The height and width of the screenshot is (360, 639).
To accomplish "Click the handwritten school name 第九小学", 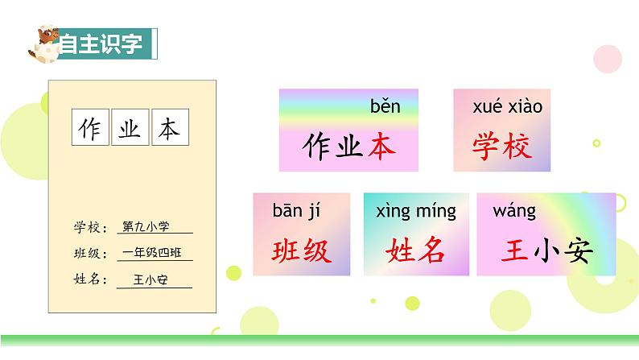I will [x=145, y=227].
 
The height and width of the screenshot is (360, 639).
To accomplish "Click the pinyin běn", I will [x=385, y=106].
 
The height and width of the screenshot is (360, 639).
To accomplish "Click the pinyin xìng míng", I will [x=415, y=212].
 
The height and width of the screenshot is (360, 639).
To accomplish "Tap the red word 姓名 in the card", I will [x=415, y=251].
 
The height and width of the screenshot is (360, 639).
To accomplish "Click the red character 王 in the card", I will [x=514, y=251].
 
